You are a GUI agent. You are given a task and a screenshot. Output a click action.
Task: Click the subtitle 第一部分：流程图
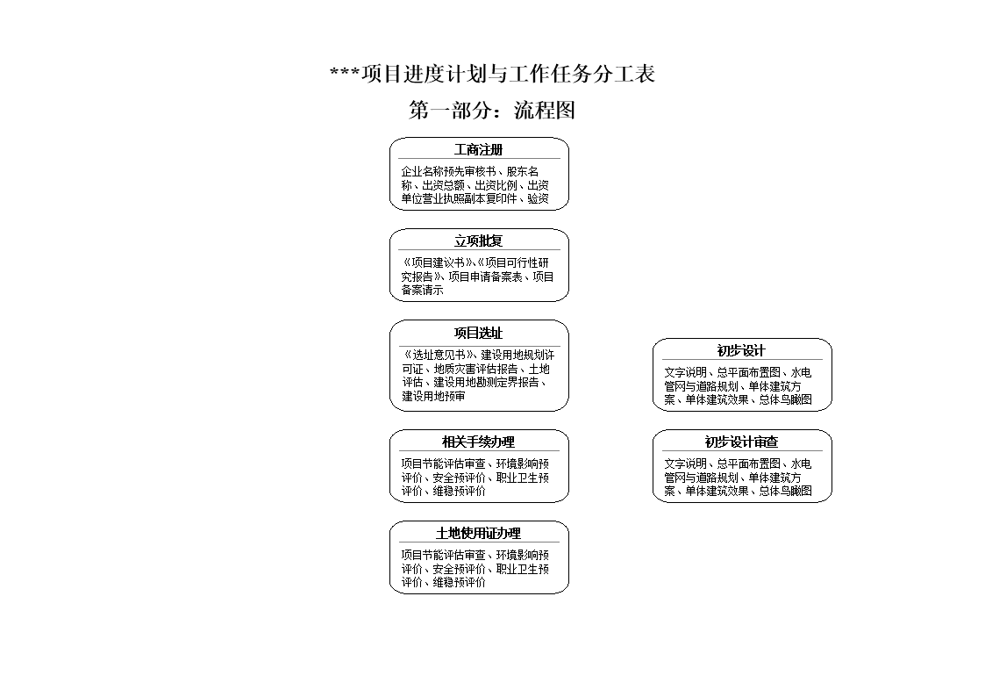click(x=492, y=111)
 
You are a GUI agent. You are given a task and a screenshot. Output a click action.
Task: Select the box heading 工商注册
click(x=479, y=150)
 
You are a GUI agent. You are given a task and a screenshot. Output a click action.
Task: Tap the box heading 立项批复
click(x=479, y=241)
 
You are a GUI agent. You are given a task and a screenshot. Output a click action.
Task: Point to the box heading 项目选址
click(x=479, y=334)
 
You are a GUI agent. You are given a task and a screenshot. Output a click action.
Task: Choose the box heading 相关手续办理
click(x=479, y=442)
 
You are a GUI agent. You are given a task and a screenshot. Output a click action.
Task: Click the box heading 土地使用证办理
click(x=479, y=534)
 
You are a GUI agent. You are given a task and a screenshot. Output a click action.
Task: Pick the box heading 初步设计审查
click(x=741, y=442)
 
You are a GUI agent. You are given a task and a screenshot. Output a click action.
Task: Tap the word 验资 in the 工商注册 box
click(x=539, y=199)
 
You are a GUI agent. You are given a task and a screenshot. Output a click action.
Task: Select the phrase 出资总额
click(x=443, y=186)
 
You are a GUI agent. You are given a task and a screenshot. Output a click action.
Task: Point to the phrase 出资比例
click(x=496, y=186)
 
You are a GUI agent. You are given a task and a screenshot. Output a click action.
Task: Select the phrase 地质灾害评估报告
click(x=475, y=370)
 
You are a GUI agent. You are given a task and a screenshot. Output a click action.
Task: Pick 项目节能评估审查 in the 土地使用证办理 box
click(x=443, y=556)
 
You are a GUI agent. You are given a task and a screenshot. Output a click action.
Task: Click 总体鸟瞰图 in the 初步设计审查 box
click(x=786, y=492)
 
